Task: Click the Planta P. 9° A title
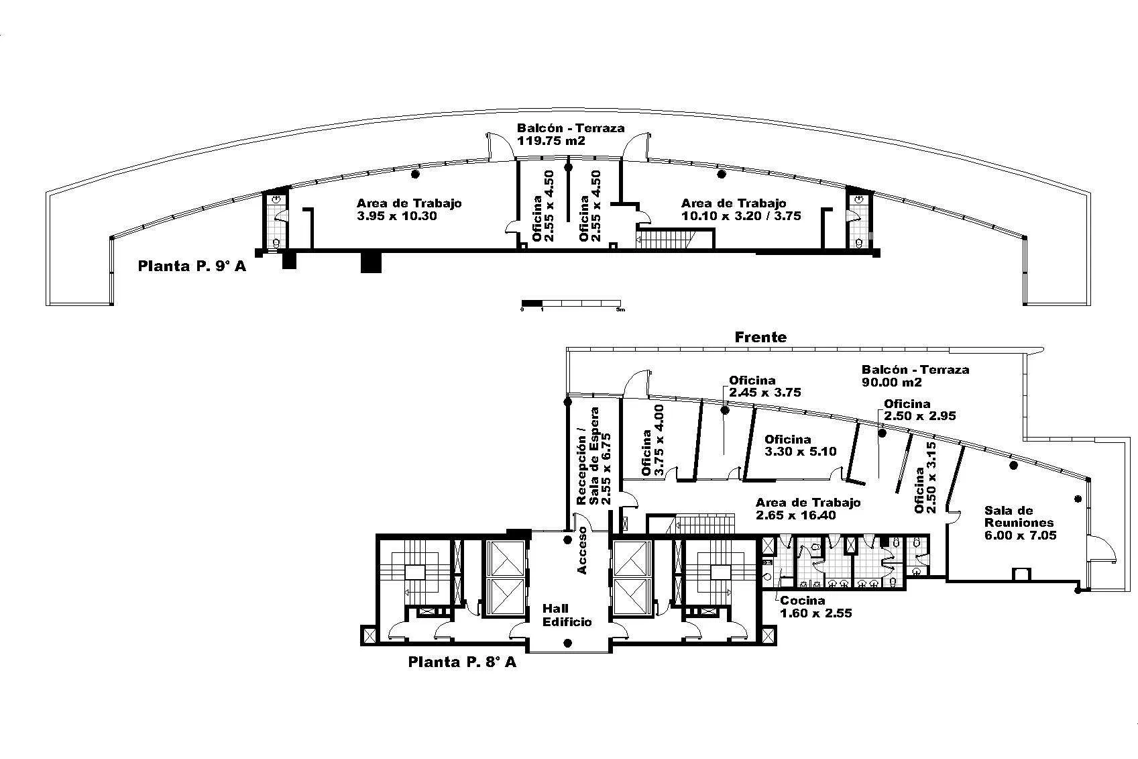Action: pyautogui.click(x=192, y=266)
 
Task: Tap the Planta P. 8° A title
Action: pyautogui.click(x=462, y=662)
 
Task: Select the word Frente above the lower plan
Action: pyautogui.click(x=760, y=337)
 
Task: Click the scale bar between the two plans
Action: pyautogui.click(x=571, y=303)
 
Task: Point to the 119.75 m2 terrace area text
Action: pyautogui.click(x=551, y=141)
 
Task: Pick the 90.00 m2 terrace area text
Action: pyautogui.click(x=892, y=383)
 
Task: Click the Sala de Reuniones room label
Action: pyautogui.click(x=1020, y=523)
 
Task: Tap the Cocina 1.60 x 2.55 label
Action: pyautogui.click(x=816, y=607)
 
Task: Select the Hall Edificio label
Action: pyautogui.click(x=567, y=615)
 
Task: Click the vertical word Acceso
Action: pyautogui.click(x=582, y=550)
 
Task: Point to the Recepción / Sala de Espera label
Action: pyautogui.click(x=593, y=456)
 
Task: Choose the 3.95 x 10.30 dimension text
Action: pyautogui.click(x=397, y=216)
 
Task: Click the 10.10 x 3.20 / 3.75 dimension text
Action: pyautogui.click(x=741, y=216)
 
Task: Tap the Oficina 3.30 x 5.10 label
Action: pyautogui.click(x=801, y=446)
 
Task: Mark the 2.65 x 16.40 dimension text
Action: pyautogui.click(x=796, y=515)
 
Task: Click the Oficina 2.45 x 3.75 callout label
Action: pyautogui.click(x=765, y=387)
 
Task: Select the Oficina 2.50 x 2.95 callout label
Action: pyautogui.click(x=920, y=410)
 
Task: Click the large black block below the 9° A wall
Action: pyautogui.click(x=371, y=262)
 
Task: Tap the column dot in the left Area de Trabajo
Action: pyautogui.click(x=415, y=174)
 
